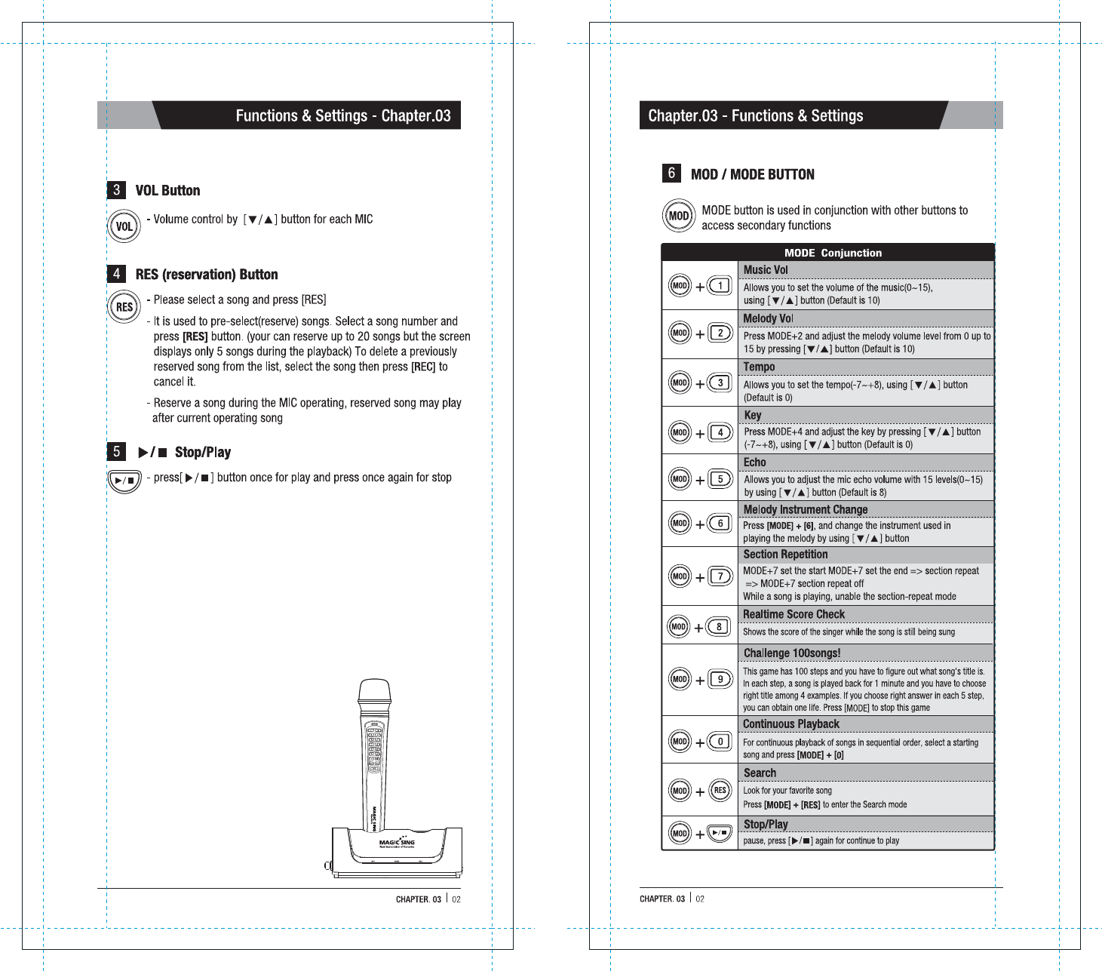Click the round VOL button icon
point(124,226)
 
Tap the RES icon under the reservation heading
point(124,307)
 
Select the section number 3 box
point(116,190)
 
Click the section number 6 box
point(671,174)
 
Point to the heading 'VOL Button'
point(167,191)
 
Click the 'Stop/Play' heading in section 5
point(202,453)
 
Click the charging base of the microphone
point(397,849)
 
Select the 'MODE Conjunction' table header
point(833,253)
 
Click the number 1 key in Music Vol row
point(720,286)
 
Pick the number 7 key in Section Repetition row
point(720,576)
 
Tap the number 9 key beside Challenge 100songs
point(720,679)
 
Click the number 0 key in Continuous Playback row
point(720,742)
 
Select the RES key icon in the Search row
point(720,791)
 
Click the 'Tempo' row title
point(759,367)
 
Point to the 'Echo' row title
point(754,462)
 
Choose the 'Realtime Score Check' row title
point(794,615)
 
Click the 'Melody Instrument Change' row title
point(805,510)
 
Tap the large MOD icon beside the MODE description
point(679,216)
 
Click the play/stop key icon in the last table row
point(720,833)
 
